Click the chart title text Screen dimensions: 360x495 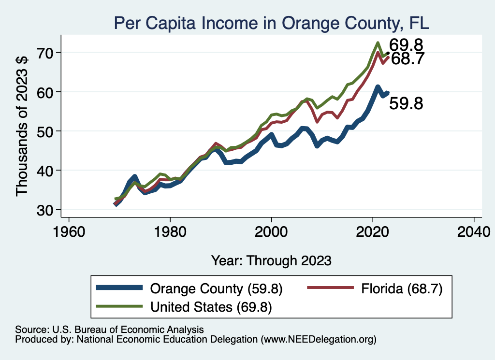pyautogui.click(x=271, y=23)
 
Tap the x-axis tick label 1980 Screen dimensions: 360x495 pyautogui.click(x=170, y=230)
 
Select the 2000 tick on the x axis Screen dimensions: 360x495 pyautogui.click(x=272, y=230)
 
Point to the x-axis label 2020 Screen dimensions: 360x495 pyautogui.click(x=373, y=230)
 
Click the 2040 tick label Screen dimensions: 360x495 pyautogui.click(x=474, y=230)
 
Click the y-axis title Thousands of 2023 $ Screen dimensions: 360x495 pyautogui.click(x=22, y=126)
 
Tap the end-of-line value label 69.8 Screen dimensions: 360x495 pyautogui.click(x=406, y=45)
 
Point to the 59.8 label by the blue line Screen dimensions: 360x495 pyautogui.click(x=406, y=103)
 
